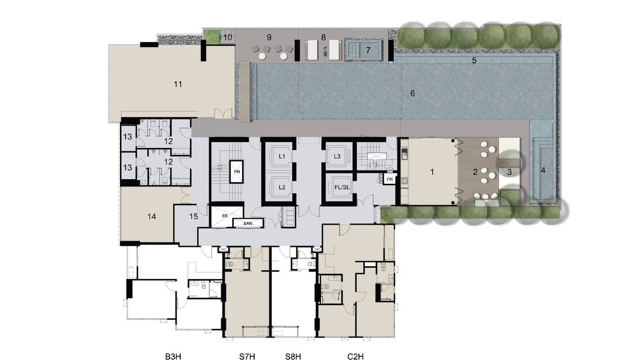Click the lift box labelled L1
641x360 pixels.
[282, 157]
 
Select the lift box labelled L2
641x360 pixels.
[282, 187]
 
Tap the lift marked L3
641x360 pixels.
[337, 157]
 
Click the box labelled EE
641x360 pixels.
[225, 216]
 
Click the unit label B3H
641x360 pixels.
[172, 356]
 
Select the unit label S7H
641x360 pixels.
[246, 356]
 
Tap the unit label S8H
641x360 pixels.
[292, 356]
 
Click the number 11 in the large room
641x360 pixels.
[178, 85]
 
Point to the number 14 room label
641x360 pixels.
[151, 216]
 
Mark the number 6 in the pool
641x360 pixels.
[413, 93]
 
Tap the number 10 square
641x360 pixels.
[228, 37]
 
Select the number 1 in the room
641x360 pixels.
[432, 172]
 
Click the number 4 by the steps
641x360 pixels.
[543, 170]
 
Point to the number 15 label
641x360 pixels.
[193, 216]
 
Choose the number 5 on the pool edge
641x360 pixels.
[474, 61]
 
